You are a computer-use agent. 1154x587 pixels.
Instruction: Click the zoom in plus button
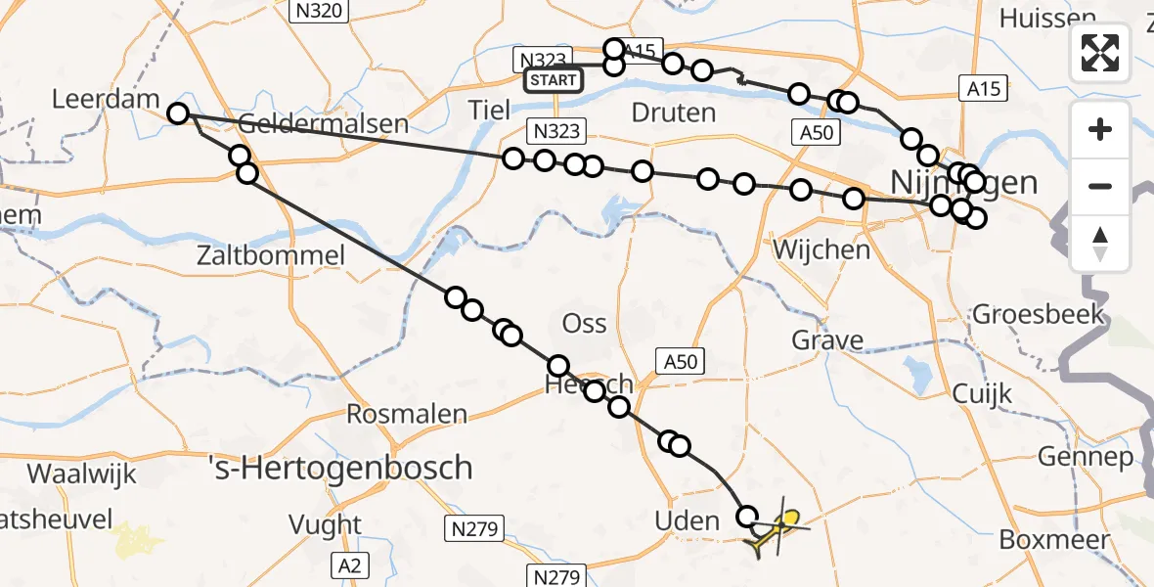tap(1100, 130)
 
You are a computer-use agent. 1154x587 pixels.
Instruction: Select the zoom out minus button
tap(1100, 186)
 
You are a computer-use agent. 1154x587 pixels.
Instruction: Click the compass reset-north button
tap(1100, 244)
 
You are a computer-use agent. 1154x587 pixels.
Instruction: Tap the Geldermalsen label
tap(323, 124)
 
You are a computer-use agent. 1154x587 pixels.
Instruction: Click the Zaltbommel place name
tap(284, 256)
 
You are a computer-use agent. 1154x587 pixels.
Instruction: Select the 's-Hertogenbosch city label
tap(342, 468)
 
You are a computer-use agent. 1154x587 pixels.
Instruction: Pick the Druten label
tap(674, 113)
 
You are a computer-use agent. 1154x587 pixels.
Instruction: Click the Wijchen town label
tap(821, 249)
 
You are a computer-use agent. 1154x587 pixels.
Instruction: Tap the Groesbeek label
tap(1039, 315)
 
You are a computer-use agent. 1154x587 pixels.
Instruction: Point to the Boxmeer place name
tap(1055, 540)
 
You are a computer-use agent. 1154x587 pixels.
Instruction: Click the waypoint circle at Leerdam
tap(177, 113)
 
